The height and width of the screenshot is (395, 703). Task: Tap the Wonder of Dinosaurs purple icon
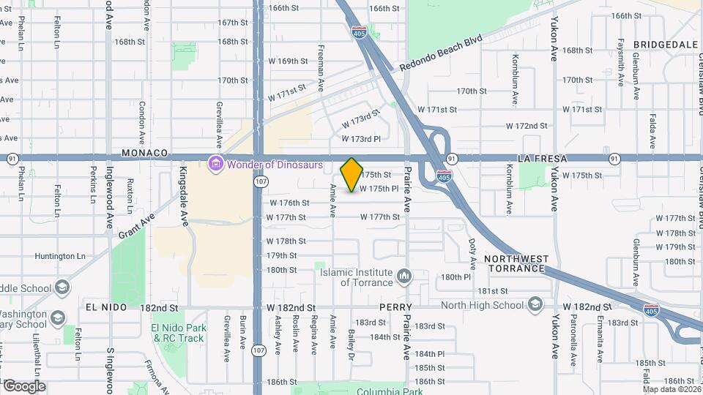pyautogui.click(x=216, y=164)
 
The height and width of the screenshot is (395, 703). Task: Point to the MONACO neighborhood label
pyautogui.click(x=145, y=154)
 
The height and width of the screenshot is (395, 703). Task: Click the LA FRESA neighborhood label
pyautogui.click(x=543, y=158)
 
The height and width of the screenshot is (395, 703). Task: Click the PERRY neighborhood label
pyautogui.click(x=395, y=307)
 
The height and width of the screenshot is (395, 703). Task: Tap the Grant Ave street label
pyautogui.click(x=136, y=227)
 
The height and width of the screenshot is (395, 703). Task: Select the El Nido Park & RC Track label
pyautogui.click(x=177, y=333)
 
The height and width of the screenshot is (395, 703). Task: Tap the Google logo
pyautogui.click(x=24, y=386)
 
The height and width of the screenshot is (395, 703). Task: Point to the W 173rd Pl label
pyautogui.click(x=361, y=138)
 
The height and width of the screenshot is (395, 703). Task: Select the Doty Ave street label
pyautogui.click(x=472, y=251)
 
